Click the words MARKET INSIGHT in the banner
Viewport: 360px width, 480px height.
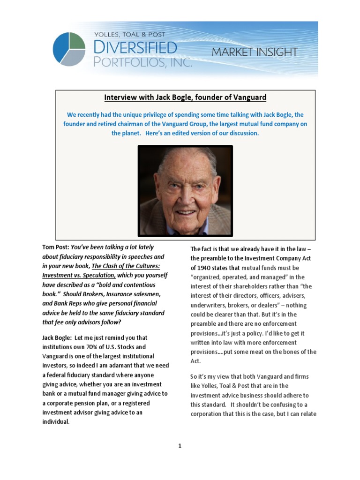point(254,52)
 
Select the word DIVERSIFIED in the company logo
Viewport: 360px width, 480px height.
point(135,47)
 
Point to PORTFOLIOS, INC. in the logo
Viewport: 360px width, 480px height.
point(143,61)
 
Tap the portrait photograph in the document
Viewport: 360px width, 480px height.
point(185,190)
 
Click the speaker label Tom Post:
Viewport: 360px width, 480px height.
point(55,247)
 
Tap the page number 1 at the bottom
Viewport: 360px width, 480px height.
point(180,446)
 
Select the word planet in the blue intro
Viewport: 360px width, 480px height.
point(121,133)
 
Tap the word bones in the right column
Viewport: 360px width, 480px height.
point(293,352)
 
